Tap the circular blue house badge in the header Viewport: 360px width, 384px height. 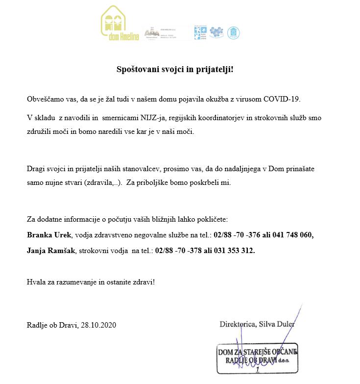[x=234, y=32]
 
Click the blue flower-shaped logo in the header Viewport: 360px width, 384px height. [x=216, y=32]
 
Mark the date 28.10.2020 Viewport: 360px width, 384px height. [x=99, y=325]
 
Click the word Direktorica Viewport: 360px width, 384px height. [x=238, y=324]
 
